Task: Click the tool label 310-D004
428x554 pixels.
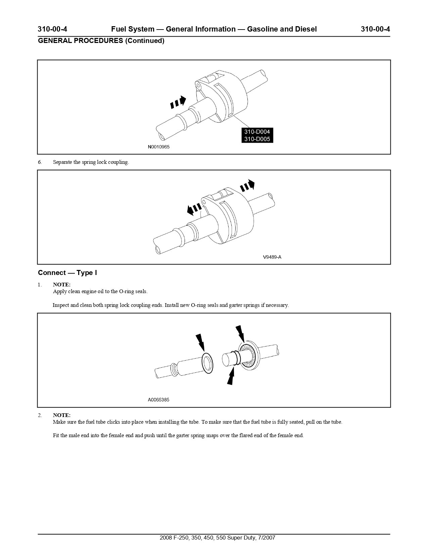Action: coord(257,132)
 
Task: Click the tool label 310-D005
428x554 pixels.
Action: coord(257,139)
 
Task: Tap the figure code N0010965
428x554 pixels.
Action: coord(159,147)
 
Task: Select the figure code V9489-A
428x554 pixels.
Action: coord(272,257)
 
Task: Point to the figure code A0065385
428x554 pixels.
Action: coord(158,400)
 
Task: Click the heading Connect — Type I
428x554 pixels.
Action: coord(67,273)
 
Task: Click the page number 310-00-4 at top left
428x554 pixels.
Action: coord(52,29)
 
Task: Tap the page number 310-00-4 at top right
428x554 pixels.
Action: coord(375,29)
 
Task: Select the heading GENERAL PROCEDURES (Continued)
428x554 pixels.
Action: coord(101,41)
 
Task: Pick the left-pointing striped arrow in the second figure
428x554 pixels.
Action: coord(194,209)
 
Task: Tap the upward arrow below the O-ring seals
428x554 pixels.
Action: coord(231,376)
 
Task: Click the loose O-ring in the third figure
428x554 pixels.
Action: coord(207,363)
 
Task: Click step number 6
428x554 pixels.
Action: coord(40,162)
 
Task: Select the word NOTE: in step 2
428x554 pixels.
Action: coord(62,415)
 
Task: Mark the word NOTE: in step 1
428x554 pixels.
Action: coord(62,285)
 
